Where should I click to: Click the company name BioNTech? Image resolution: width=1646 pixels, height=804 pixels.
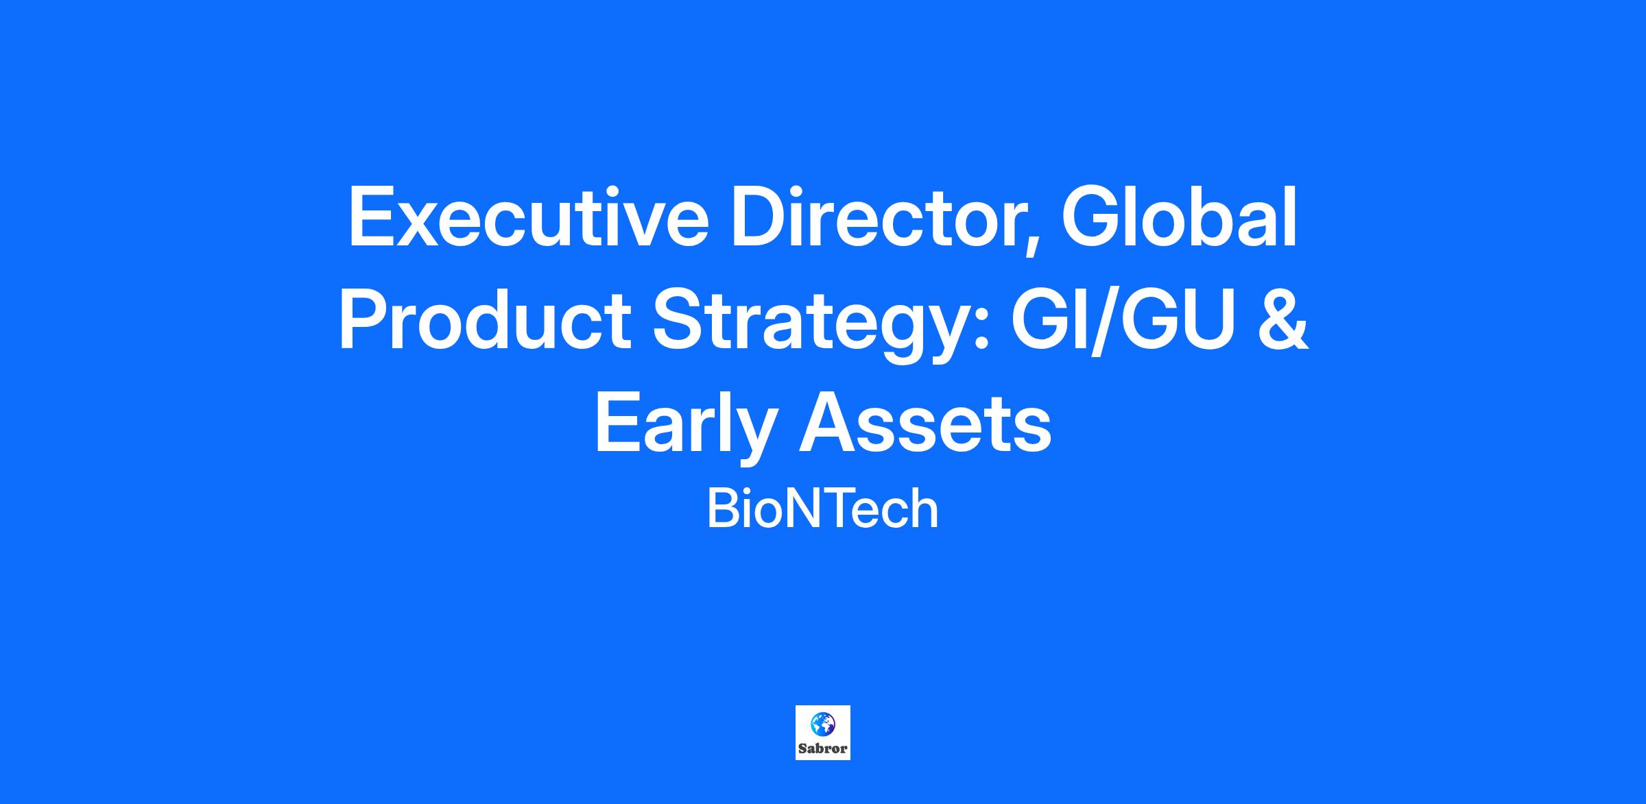pyautogui.click(x=822, y=509)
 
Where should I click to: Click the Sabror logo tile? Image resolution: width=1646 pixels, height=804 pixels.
pyautogui.click(x=823, y=733)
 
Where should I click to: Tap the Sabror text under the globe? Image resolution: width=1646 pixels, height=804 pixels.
pyautogui.click(x=823, y=748)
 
